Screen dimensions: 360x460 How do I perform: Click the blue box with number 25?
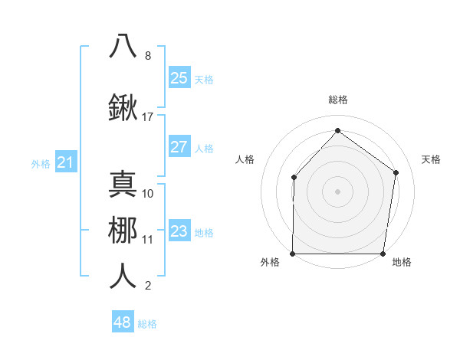179,77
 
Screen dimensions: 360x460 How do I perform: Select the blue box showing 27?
179,147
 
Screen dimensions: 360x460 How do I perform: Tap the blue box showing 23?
179,231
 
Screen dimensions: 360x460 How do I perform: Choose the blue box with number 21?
65,162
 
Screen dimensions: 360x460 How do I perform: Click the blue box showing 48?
123,322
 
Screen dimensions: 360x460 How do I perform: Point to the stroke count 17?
148,117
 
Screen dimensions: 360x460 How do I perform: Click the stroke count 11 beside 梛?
148,239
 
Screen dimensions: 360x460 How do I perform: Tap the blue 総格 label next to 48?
147,324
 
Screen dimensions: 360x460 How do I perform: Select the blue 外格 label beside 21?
41,164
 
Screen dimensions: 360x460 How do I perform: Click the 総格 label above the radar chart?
337,100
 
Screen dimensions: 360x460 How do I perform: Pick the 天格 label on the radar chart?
431,159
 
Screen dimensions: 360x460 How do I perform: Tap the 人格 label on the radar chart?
245,159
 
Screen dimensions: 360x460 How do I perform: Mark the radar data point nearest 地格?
383,254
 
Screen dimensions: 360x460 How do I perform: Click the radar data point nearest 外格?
292,254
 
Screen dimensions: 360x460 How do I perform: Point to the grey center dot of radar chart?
337,191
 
